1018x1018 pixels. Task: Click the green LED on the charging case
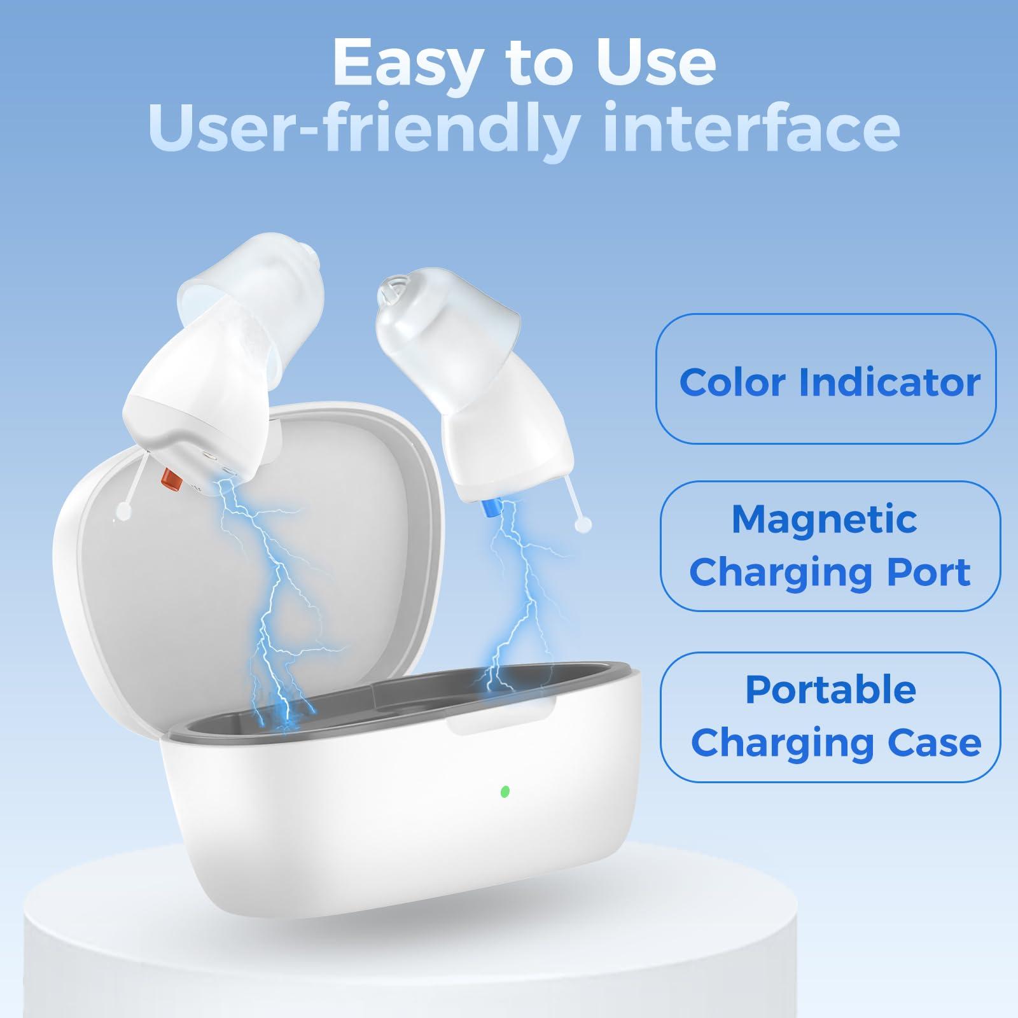click(x=505, y=791)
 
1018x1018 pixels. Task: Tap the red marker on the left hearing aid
click(x=172, y=479)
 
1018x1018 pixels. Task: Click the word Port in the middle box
click(x=933, y=572)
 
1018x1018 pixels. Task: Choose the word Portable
click(x=830, y=689)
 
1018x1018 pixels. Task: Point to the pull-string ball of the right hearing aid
click(x=582, y=524)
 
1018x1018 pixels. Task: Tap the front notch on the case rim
click(x=503, y=715)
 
